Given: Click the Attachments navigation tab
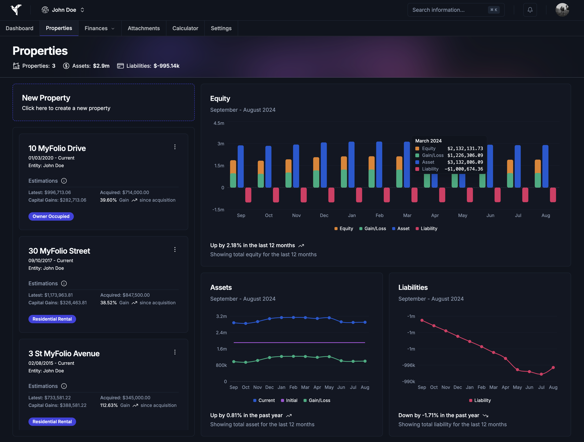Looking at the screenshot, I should (144, 28).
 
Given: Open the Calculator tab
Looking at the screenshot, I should (185, 28).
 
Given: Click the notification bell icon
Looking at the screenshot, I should (530, 10).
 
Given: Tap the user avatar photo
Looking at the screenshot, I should (562, 10).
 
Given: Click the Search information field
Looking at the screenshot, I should (449, 10).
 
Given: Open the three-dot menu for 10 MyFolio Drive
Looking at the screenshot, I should (175, 147).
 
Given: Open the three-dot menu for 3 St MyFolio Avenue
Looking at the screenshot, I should (175, 352).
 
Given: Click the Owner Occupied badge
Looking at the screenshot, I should (51, 216).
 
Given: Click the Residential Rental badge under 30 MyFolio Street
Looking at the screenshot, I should (52, 319).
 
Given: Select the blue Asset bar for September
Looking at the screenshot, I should (241, 166).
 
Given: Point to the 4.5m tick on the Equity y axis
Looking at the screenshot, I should (219, 123).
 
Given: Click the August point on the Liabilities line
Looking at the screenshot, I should (553, 367).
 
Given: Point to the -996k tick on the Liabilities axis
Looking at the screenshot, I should (408, 365).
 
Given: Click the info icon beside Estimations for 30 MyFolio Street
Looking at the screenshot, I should (64, 284).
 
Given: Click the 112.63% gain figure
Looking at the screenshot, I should (109, 405).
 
